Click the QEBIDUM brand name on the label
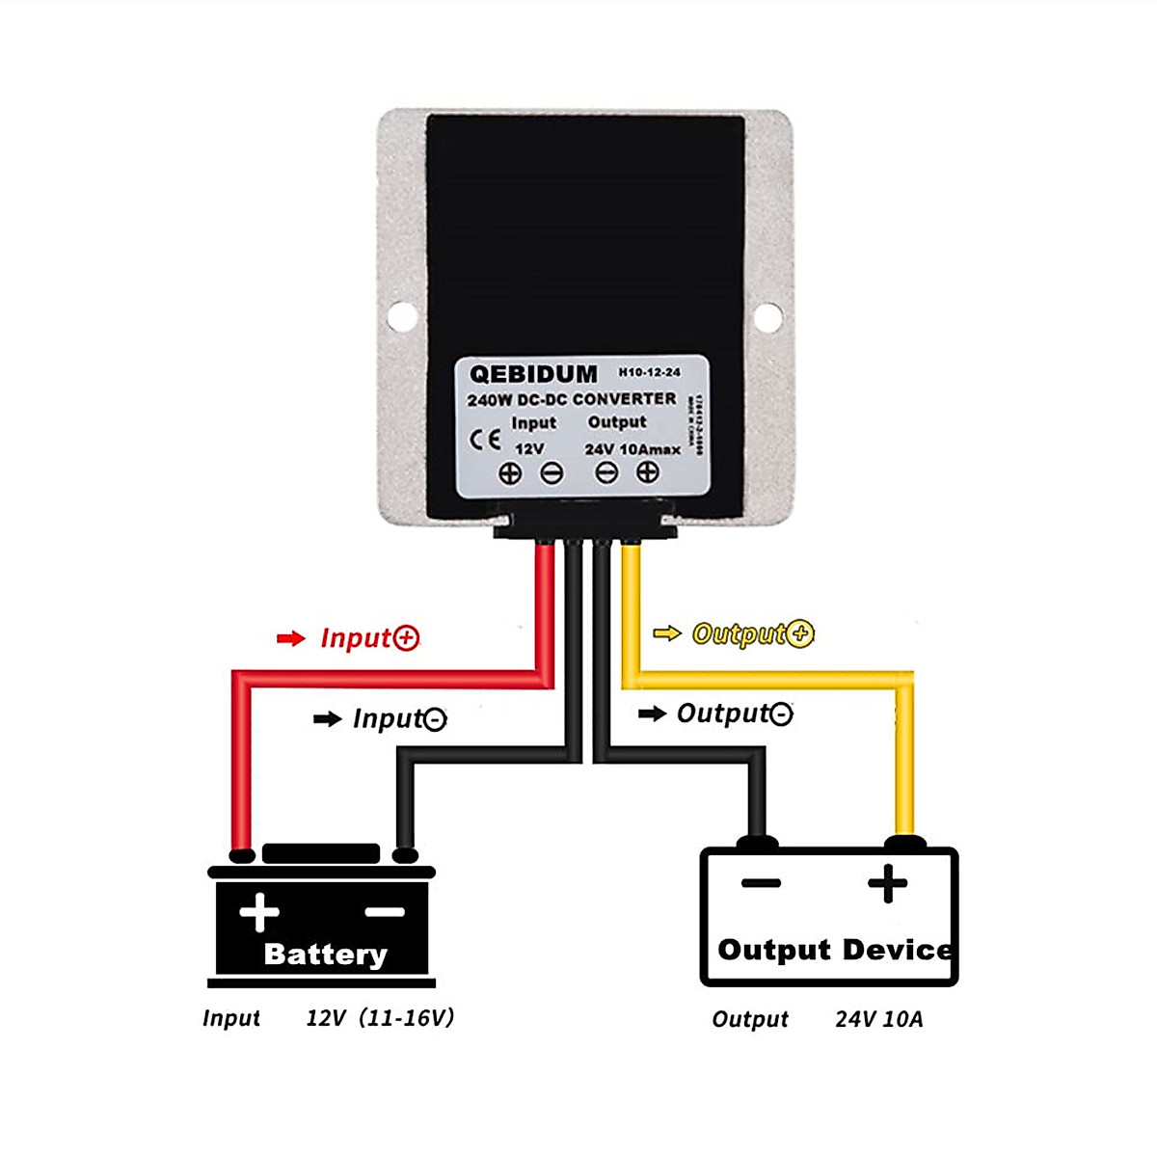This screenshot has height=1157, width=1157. click(x=533, y=374)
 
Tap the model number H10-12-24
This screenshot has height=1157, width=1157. click(x=649, y=372)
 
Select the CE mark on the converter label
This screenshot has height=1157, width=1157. click(x=485, y=440)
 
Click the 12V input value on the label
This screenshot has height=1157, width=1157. click(x=529, y=449)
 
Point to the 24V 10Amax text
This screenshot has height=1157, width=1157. click(x=632, y=449)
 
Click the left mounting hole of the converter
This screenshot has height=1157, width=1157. click(x=402, y=315)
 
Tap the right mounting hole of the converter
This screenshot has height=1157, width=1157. click(x=767, y=316)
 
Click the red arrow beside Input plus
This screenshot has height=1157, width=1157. click(x=290, y=638)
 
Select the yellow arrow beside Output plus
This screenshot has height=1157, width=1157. click(x=666, y=633)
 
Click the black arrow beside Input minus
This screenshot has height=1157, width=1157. click(x=328, y=718)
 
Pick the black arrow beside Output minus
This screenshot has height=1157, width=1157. click(x=653, y=713)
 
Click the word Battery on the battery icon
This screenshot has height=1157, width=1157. click(x=325, y=954)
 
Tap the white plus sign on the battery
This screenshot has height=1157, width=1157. click(x=259, y=912)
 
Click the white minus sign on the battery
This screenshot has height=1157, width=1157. click(x=385, y=912)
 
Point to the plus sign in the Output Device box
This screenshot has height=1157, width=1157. click(x=887, y=883)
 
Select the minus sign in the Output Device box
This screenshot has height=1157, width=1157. click(x=761, y=883)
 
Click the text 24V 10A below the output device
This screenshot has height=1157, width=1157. click(x=878, y=1019)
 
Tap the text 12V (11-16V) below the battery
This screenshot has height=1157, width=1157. click(x=380, y=1018)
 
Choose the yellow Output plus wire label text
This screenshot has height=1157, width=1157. click(x=753, y=633)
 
